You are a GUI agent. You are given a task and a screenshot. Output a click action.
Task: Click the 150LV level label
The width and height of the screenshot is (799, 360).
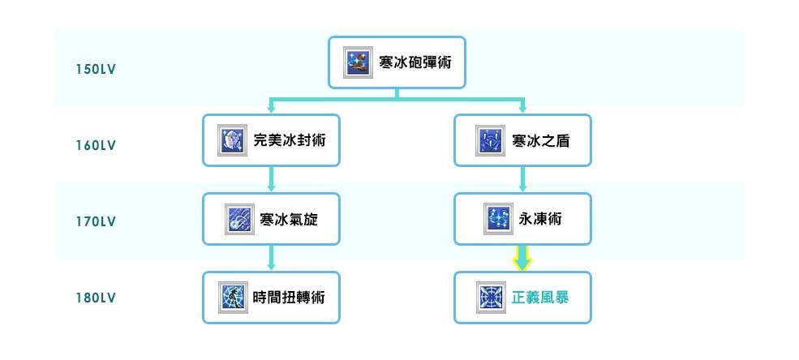96,69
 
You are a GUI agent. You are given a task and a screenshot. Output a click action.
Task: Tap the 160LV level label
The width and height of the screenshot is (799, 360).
96,146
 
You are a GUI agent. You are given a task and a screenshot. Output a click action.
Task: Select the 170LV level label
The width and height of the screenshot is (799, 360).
96,221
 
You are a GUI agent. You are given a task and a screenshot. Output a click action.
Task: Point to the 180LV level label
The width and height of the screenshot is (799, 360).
96,298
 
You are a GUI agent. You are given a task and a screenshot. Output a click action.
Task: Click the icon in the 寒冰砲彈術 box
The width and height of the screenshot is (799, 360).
358,62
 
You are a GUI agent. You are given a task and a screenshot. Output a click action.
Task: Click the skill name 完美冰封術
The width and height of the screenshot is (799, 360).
285,141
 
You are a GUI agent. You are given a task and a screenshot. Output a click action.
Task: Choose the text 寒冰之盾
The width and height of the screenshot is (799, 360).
541,141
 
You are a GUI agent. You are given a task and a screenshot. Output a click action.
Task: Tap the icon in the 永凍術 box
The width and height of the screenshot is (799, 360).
497,219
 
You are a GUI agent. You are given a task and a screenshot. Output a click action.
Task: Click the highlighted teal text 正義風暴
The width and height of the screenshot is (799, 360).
540,298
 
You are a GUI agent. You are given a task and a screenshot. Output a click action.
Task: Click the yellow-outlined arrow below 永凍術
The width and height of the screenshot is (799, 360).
522,259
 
